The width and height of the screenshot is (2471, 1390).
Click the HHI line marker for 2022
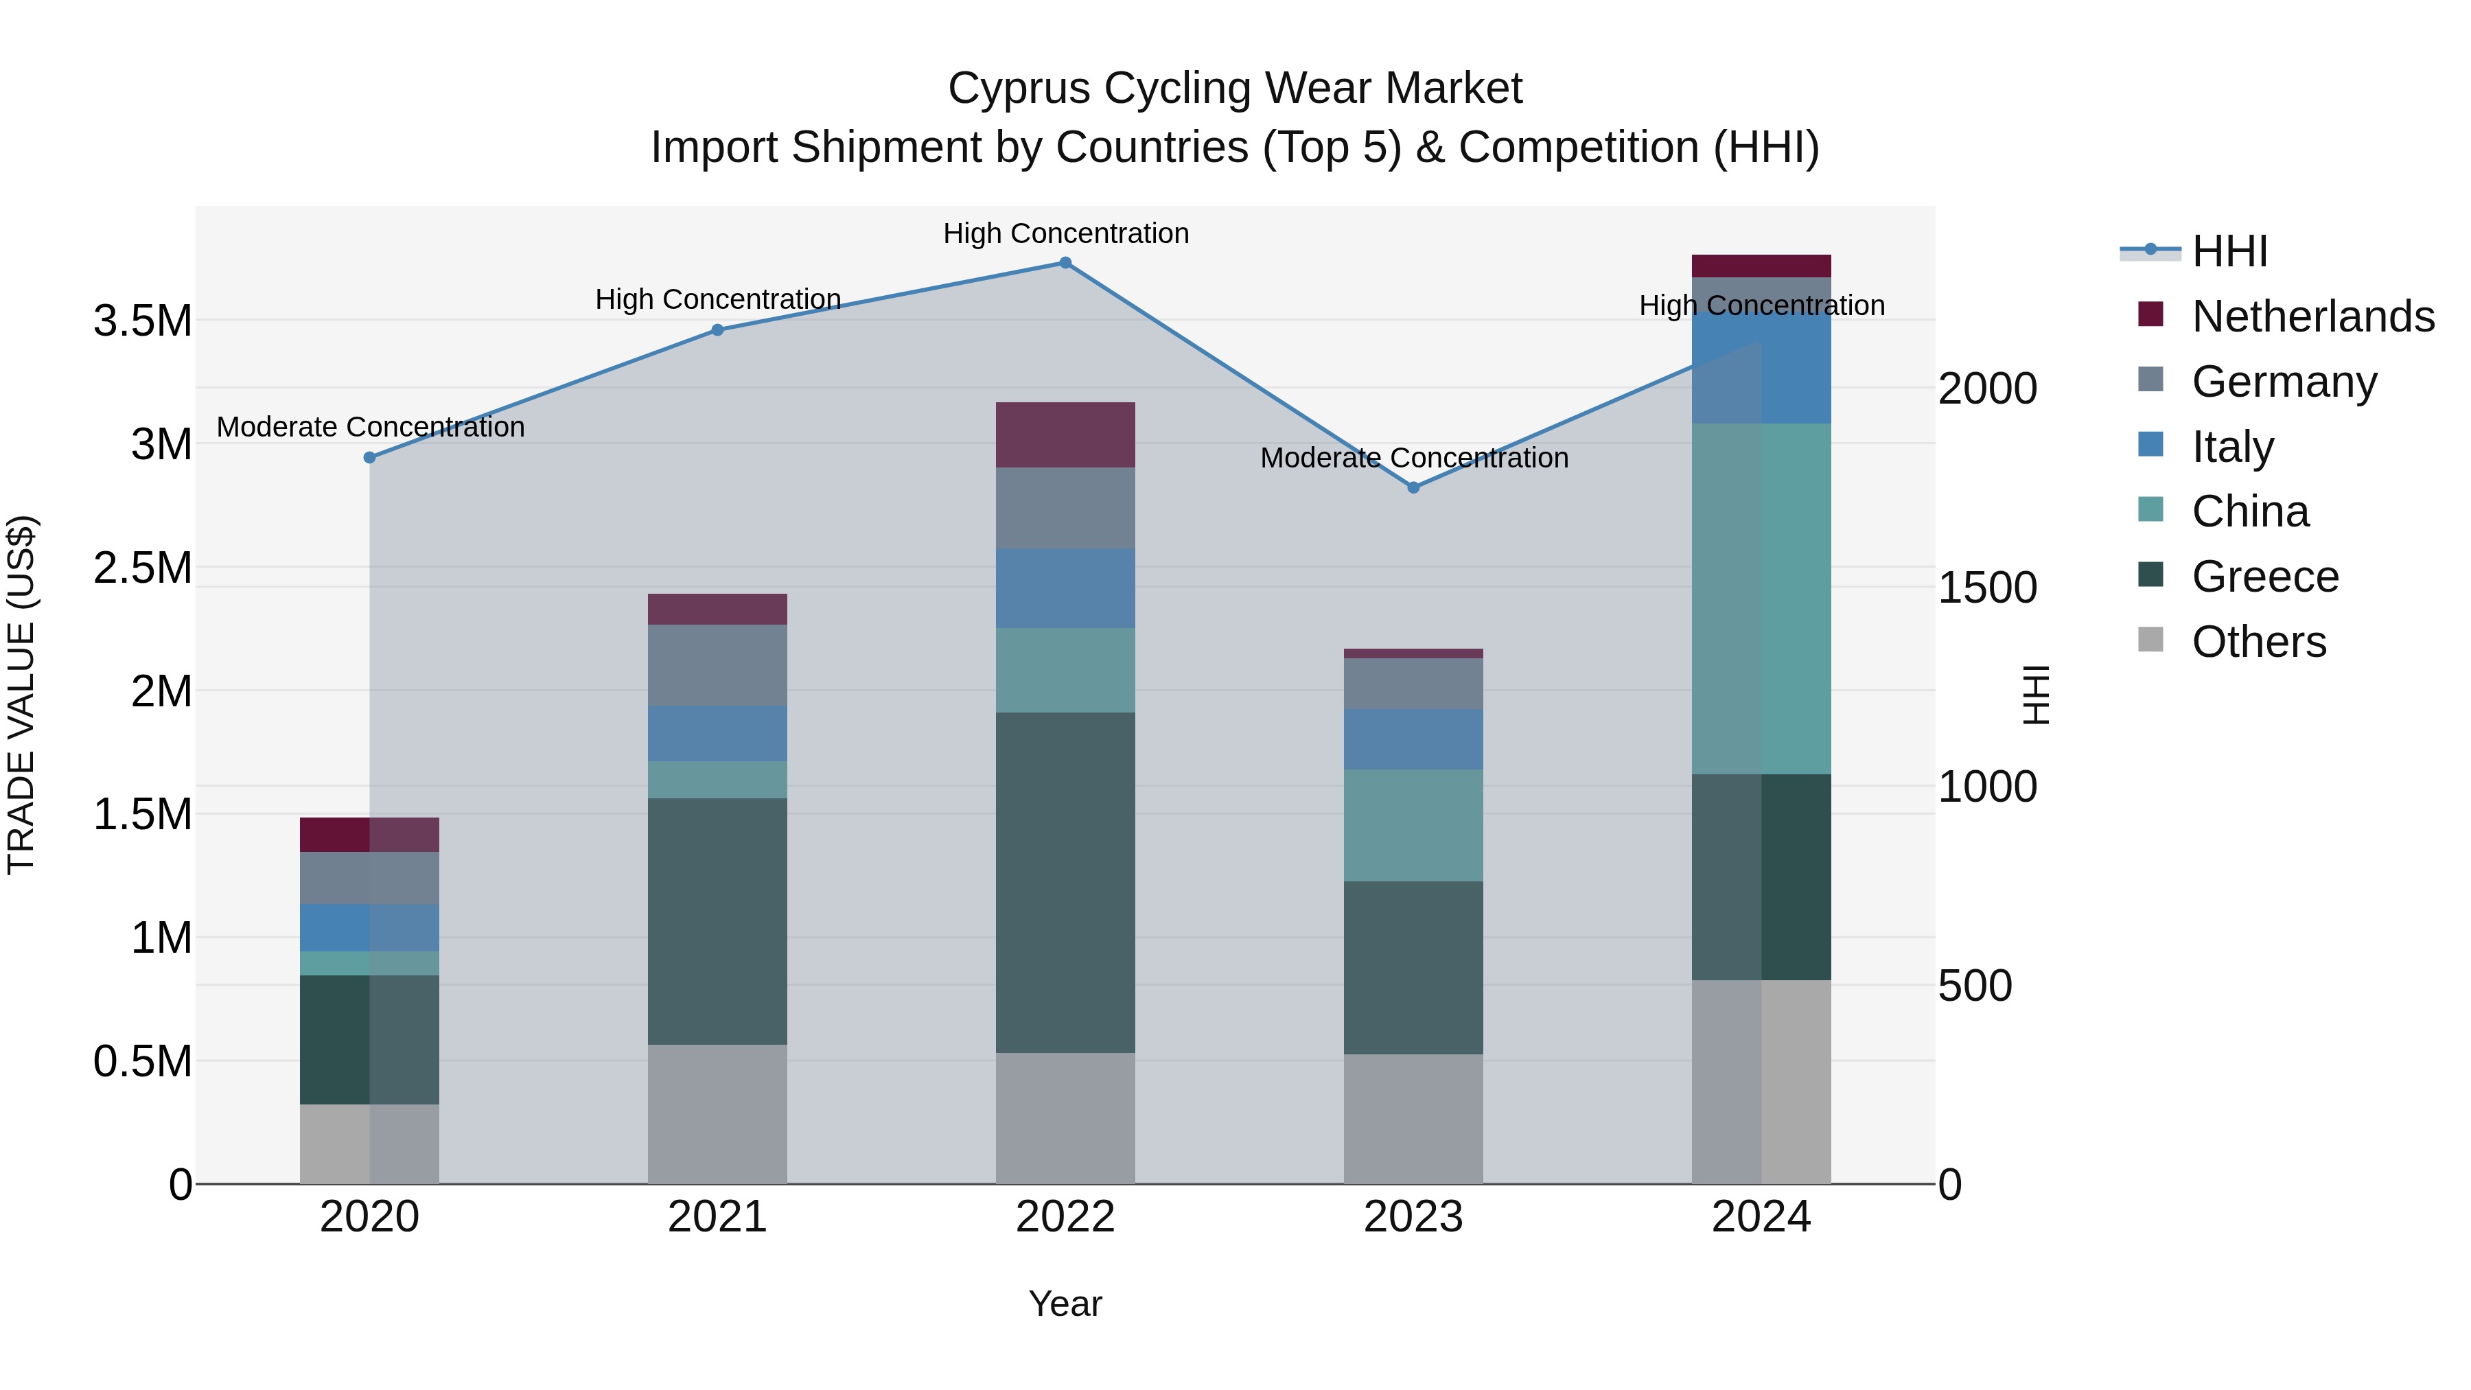[1065, 263]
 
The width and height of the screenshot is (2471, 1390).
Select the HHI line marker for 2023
[1413, 487]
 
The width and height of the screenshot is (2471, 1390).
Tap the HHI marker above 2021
[717, 330]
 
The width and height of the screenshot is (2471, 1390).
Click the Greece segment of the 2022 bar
[1065, 883]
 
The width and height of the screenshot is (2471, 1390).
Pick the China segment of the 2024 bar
[1761, 599]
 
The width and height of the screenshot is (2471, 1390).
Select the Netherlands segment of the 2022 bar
[1065, 435]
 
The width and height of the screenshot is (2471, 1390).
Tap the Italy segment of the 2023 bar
[1413, 739]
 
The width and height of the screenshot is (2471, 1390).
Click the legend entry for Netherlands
[2312, 316]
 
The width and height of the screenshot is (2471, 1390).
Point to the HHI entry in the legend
[2229, 251]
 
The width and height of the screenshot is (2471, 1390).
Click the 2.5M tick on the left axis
[143, 568]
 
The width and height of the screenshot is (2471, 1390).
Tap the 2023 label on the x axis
[1413, 1217]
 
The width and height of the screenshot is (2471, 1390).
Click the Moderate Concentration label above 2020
[370, 427]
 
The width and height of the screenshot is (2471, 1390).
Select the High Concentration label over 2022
[1065, 233]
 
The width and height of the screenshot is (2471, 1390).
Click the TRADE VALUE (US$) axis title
[21, 695]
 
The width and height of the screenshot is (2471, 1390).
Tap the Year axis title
[1065, 1304]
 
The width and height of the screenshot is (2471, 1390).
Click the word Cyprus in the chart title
[1019, 89]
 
